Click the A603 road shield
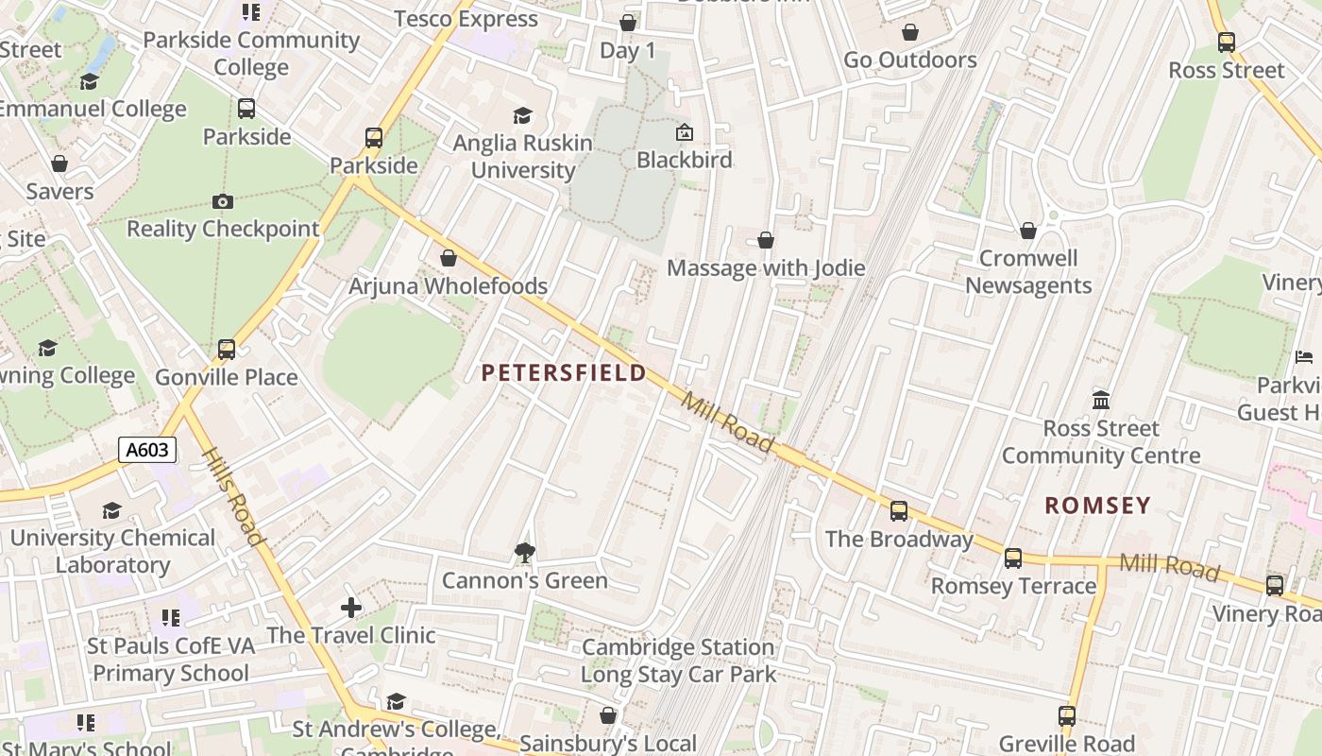pyautogui.click(x=148, y=450)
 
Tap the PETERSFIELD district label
pyautogui.click(x=564, y=373)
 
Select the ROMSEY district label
pyautogui.click(x=1097, y=506)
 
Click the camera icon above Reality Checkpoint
pyautogui.click(x=223, y=201)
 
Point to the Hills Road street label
pyautogui.click(x=232, y=496)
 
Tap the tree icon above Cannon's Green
pyautogui.click(x=525, y=552)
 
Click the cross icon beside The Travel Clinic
pyautogui.click(x=351, y=607)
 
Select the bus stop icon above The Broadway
pyautogui.click(x=899, y=511)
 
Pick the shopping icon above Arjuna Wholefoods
pyautogui.click(x=449, y=258)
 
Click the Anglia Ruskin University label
pyautogui.click(x=522, y=157)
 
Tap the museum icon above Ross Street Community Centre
pyautogui.click(x=1101, y=400)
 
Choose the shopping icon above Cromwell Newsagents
pyautogui.click(x=1028, y=231)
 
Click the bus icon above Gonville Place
pyautogui.click(x=227, y=350)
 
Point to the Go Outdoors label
pyautogui.click(x=909, y=60)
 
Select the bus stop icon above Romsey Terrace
pyautogui.click(x=1013, y=558)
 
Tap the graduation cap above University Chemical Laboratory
pyautogui.click(x=112, y=510)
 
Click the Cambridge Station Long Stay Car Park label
pyautogui.click(x=678, y=661)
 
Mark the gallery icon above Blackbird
pyautogui.click(x=685, y=132)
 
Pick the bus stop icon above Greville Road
pyautogui.click(x=1067, y=716)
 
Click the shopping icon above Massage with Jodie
pyautogui.click(x=766, y=240)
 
